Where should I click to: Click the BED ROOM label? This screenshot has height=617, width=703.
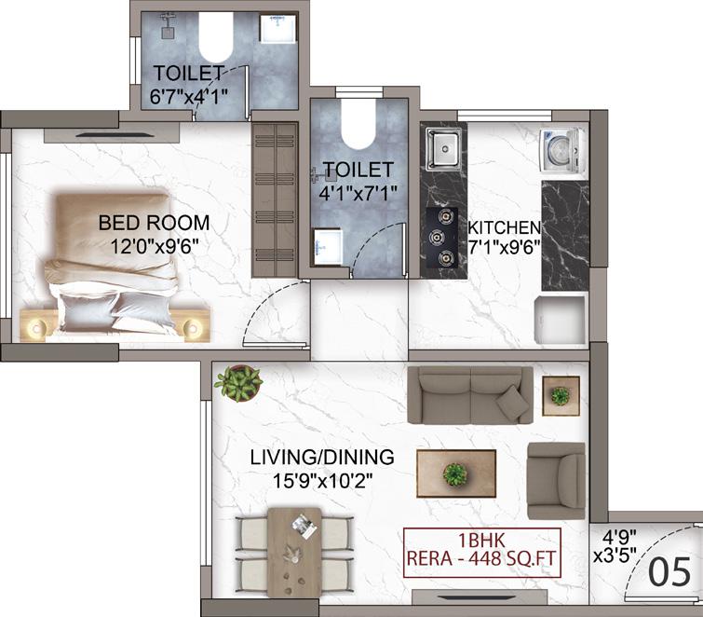(154, 223)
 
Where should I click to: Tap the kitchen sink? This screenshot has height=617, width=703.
(444, 149)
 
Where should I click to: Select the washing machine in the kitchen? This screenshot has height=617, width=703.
(562, 151)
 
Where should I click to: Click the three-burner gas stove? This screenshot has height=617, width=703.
(442, 238)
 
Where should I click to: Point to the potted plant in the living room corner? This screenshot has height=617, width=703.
(238, 383)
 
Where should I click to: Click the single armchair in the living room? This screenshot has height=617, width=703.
(557, 481)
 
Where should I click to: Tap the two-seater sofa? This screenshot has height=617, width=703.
(470, 395)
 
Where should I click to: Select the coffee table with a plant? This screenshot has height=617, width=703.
(456, 473)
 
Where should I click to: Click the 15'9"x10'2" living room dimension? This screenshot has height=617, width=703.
(323, 481)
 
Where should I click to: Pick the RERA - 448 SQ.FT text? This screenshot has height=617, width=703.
(480, 559)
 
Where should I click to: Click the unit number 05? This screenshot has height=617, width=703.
(670, 572)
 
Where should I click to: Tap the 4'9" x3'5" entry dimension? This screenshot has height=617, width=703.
(615, 546)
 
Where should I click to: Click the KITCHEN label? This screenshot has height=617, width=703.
(505, 228)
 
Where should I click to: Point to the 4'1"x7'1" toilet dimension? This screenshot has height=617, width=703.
(358, 194)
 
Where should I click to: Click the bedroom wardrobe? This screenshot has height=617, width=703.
(275, 200)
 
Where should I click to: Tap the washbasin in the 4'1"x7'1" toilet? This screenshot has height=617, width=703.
(328, 247)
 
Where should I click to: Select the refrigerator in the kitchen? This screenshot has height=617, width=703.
(561, 319)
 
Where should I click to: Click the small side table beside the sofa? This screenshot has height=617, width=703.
(561, 396)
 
